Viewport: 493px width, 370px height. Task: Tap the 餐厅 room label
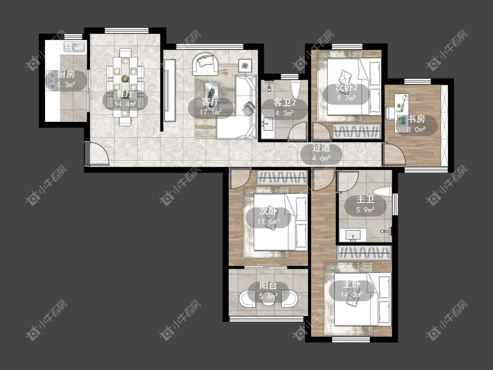click(x=125, y=93)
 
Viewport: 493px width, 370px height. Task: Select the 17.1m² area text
click(x=211, y=112)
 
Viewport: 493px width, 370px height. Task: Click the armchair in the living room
click(x=206, y=64)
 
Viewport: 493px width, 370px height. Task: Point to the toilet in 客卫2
click(x=295, y=89)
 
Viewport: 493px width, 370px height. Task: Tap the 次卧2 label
click(x=347, y=87)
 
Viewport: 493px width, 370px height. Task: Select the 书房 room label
click(x=416, y=119)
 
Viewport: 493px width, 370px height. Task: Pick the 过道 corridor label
click(x=321, y=148)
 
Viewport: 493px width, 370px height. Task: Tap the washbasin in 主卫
click(x=353, y=235)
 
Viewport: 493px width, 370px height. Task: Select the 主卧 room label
click(x=351, y=285)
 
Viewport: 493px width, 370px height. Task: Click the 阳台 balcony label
click(x=268, y=285)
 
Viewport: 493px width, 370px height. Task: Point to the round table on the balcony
click(x=268, y=299)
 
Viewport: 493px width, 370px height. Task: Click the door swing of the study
click(x=394, y=154)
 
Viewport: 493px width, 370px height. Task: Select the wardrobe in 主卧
click(x=364, y=253)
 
